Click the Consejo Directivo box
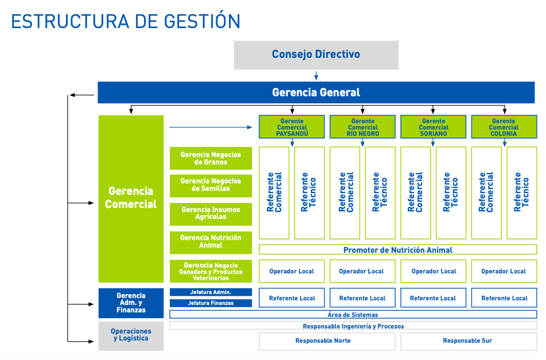[x=316, y=55]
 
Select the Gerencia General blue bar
[x=316, y=92]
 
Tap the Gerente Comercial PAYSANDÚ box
[x=291, y=127]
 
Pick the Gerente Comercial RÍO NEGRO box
[x=362, y=127]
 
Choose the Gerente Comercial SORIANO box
[x=433, y=127]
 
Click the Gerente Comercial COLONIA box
[x=504, y=127]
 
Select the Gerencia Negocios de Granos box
[x=210, y=158]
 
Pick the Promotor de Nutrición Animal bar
[x=397, y=249]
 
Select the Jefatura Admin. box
[x=210, y=292]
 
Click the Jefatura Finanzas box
[x=210, y=303]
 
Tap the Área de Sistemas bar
[x=353, y=314]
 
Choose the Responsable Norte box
[x=327, y=341]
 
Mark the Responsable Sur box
[x=469, y=341]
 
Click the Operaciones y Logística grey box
[x=131, y=336]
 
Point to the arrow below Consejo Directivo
[x=316, y=76]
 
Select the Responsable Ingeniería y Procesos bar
[x=353, y=326]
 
